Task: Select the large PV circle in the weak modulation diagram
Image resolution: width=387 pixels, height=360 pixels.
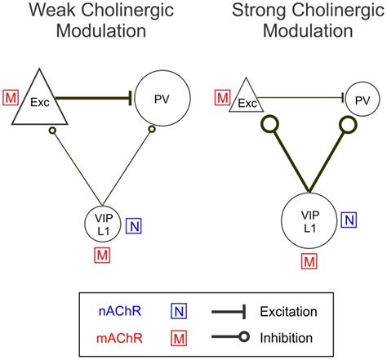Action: [162, 99]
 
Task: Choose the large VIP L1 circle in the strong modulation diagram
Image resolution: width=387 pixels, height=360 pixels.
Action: [309, 219]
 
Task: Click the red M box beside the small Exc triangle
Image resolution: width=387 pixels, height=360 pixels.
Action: [221, 99]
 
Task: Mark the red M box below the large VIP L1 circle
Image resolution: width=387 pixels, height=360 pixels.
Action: [309, 261]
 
